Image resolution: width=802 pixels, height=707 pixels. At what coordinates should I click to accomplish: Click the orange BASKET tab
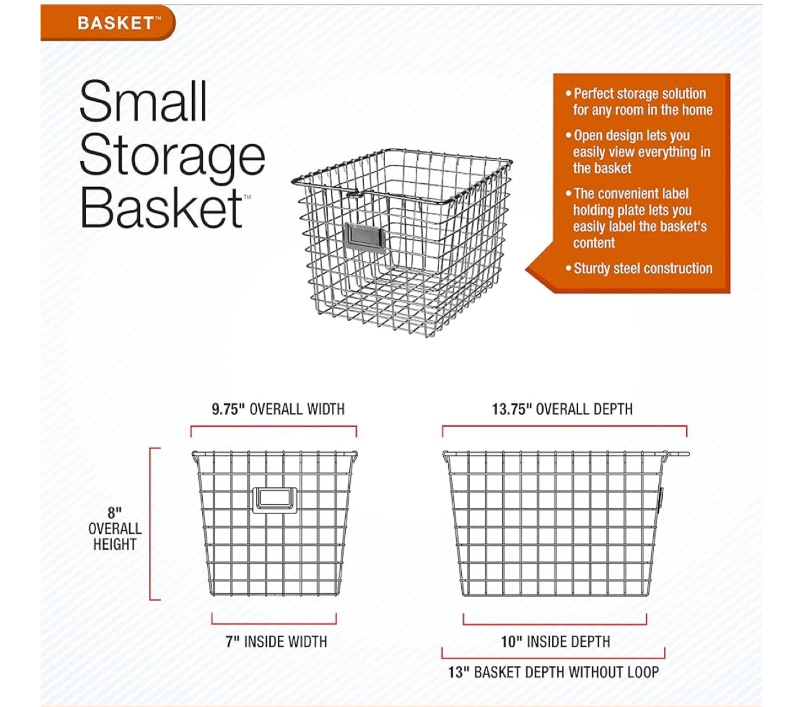pyautogui.click(x=107, y=23)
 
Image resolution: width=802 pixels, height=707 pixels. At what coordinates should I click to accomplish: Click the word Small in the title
pyautogui.click(x=143, y=101)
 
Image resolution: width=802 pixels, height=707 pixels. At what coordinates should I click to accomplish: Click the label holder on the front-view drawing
pyautogui.click(x=275, y=500)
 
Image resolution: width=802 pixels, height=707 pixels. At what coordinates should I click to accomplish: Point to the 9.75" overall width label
pyautogui.click(x=278, y=409)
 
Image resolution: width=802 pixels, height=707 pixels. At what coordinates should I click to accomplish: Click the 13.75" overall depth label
pyautogui.click(x=562, y=409)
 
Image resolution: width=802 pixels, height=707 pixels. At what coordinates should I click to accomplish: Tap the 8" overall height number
pyautogui.click(x=114, y=513)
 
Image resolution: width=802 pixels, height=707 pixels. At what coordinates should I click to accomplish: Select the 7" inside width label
pyautogui.click(x=276, y=642)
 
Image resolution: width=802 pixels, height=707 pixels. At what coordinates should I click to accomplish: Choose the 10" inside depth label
pyautogui.click(x=556, y=642)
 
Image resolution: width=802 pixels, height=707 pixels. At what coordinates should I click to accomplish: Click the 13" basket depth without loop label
pyautogui.click(x=554, y=672)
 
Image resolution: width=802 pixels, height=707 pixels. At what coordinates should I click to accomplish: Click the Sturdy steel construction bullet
pyautogui.click(x=639, y=269)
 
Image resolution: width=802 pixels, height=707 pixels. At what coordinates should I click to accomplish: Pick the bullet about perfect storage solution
pyautogui.click(x=639, y=102)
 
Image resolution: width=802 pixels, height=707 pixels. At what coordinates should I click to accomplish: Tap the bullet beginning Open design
pyautogui.click(x=638, y=152)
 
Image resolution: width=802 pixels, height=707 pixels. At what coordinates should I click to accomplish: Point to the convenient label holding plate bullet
pyautogui.click(x=636, y=218)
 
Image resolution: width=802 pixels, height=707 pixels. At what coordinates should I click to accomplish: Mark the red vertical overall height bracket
pyautogui.click(x=150, y=524)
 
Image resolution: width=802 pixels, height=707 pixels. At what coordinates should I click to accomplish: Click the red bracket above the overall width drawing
pyautogui.click(x=273, y=427)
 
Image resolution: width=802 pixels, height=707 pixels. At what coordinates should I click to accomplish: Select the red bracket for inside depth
pyautogui.click(x=555, y=625)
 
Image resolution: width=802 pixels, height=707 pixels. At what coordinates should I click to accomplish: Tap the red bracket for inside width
pyautogui.click(x=274, y=624)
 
